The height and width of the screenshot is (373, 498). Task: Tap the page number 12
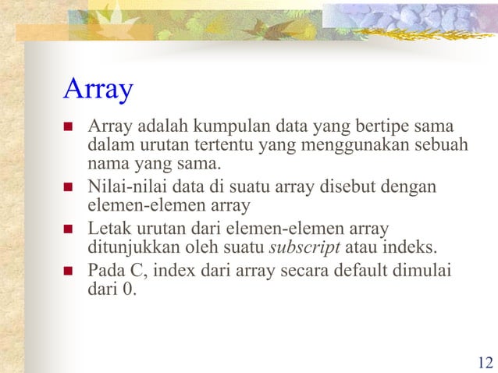coord(484,362)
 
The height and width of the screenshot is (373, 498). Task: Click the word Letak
coord(106,229)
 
